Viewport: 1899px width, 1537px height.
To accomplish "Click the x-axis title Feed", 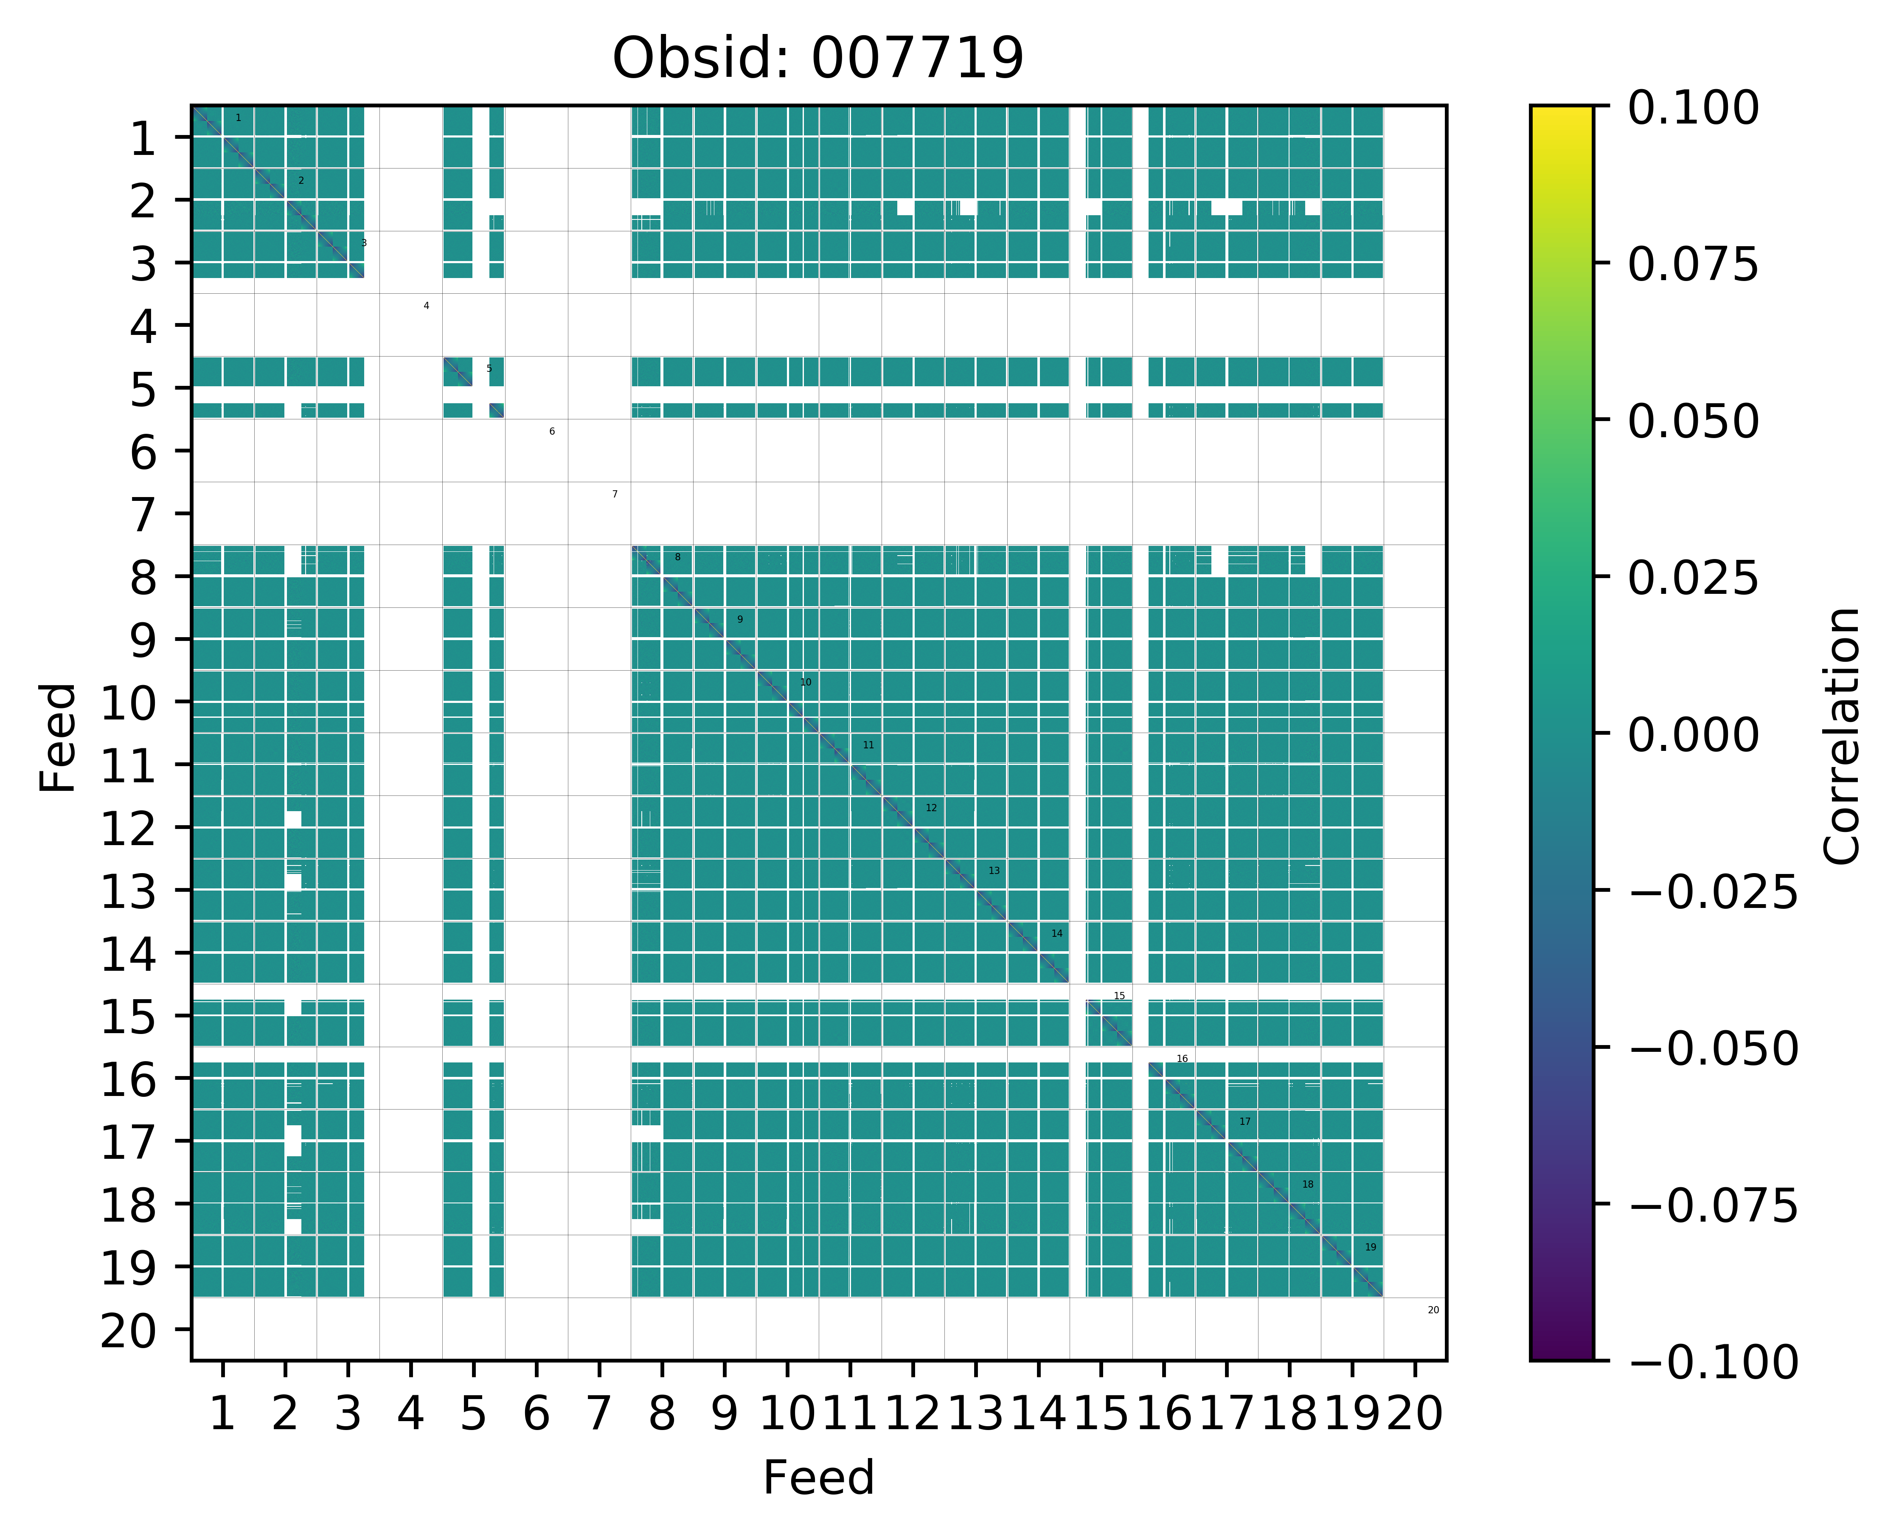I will click(x=818, y=1478).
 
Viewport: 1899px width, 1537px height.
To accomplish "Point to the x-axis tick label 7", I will click(x=599, y=1414).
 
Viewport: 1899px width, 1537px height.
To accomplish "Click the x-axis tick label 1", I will click(x=222, y=1414).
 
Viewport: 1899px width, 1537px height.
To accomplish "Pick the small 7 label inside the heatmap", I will click(x=615, y=494).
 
